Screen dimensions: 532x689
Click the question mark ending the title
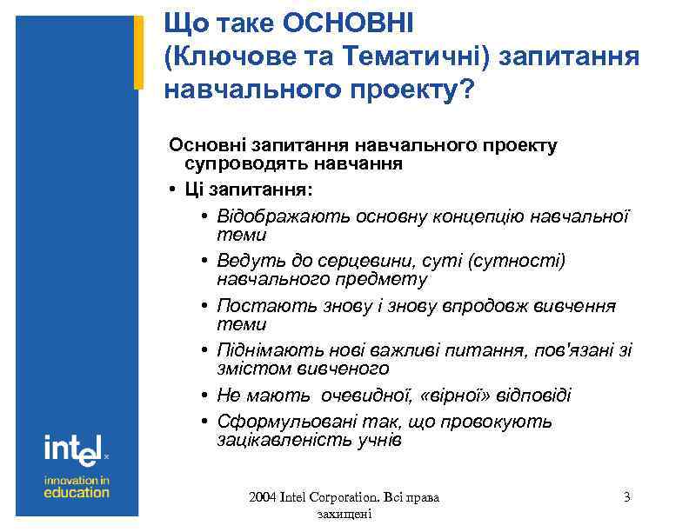coord(468,90)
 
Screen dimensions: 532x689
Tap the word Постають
coord(253,306)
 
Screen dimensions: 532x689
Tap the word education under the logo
coord(77,492)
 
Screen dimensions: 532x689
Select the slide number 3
coord(627,497)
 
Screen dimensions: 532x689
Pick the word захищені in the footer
coord(346,515)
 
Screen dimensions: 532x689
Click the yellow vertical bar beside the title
coord(137,52)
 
